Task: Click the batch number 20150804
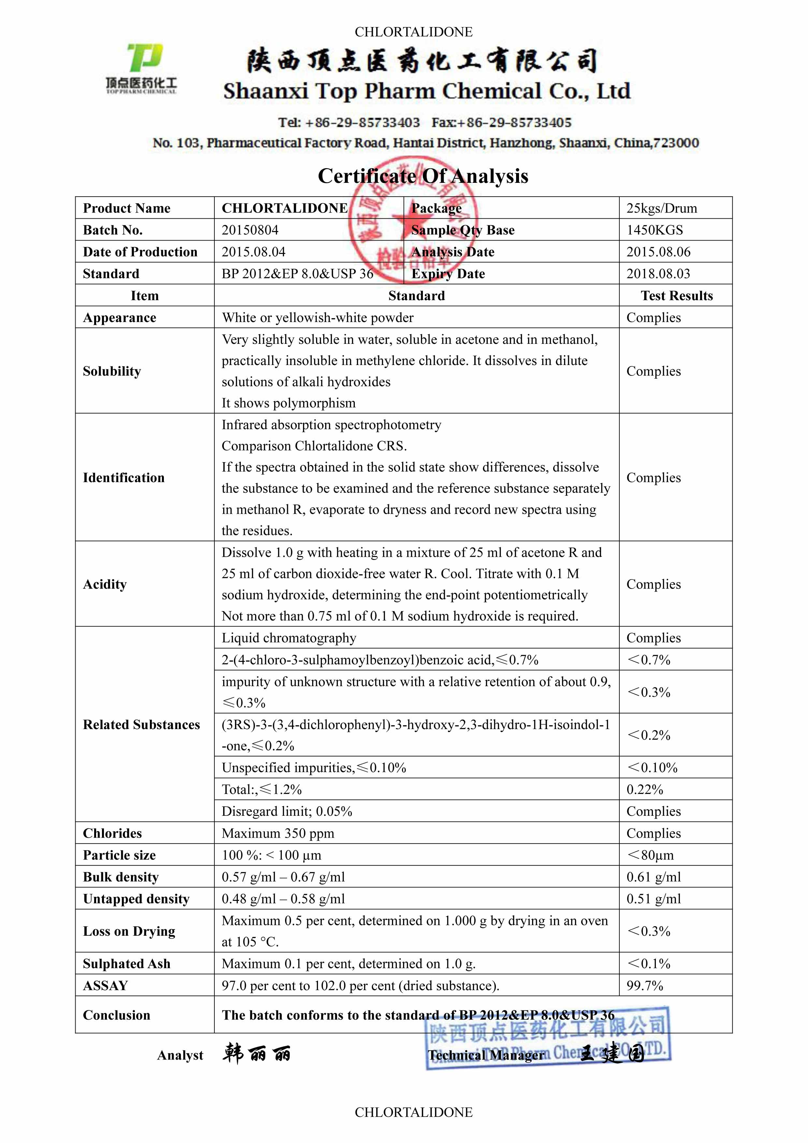[250, 230]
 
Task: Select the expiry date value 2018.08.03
[658, 274]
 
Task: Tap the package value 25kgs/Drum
[661, 208]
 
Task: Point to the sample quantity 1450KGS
[654, 230]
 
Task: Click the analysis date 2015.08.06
[658, 252]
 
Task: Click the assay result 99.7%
[644, 986]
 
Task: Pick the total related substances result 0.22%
[644, 790]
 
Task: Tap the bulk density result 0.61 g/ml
[653, 877]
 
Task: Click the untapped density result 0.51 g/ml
[653, 899]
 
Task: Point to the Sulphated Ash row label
[126, 964]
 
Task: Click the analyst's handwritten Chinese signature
[256, 1054]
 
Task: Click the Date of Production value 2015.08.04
[253, 252]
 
